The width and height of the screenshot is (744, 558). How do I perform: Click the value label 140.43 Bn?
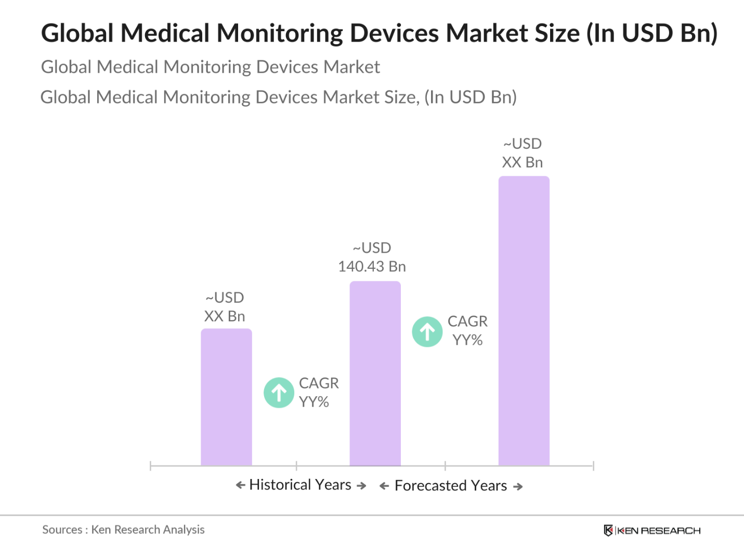pyautogui.click(x=372, y=267)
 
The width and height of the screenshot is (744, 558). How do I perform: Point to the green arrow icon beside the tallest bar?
pyautogui.click(x=427, y=332)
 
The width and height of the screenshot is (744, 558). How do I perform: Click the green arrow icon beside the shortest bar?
pyautogui.click(x=279, y=393)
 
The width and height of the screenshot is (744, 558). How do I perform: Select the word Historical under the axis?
pyautogui.click(x=280, y=485)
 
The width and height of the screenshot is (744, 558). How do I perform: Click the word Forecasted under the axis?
pyautogui.click(x=430, y=486)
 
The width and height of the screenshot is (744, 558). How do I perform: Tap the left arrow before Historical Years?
pyautogui.click(x=240, y=485)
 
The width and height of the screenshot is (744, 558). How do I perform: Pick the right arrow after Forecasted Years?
pyautogui.click(x=518, y=487)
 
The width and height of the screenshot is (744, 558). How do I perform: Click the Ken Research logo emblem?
pyautogui.click(x=608, y=530)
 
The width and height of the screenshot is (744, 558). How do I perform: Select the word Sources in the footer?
pyautogui.click(x=62, y=530)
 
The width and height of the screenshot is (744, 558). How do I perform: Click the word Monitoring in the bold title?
pyautogui.click(x=280, y=33)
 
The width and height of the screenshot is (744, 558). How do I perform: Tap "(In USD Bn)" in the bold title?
pyautogui.click(x=652, y=33)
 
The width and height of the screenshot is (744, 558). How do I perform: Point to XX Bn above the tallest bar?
pyautogui.click(x=523, y=163)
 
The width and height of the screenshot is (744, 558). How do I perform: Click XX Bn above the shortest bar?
pyautogui.click(x=225, y=317)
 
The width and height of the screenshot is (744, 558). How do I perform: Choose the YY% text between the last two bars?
pyautogui.click(x=467, y=341)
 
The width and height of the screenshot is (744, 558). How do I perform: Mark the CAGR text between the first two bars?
pyautogui.click(x=319, y=383)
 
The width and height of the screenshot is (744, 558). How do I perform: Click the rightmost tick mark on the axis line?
pyautogui.click(x=593, y=465)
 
